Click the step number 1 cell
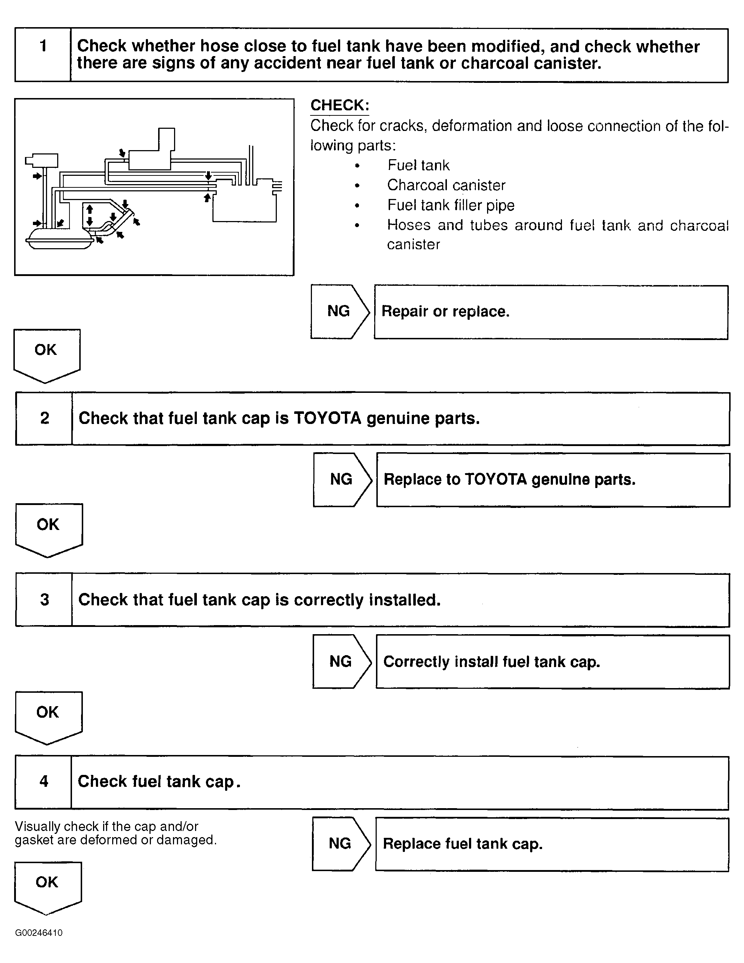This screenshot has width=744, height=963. (x=43, y=55)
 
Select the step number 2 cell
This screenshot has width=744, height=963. (x=44, y=419)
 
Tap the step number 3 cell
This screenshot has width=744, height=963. (x=44, y=600)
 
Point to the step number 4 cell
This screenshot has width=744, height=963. (x=43, y=782)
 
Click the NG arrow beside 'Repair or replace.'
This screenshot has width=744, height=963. (x=339, y=311)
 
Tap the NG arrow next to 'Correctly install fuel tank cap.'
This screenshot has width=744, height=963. (x=341, y=661)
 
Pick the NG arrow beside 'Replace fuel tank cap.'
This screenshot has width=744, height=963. (x=341, y=844)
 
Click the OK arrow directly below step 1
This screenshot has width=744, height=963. (x=46, y=353)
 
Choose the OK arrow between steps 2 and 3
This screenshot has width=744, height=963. (x=48, y=527)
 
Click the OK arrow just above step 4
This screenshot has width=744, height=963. (x=48, y=715)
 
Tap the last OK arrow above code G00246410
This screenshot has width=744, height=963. (x=48, y=885)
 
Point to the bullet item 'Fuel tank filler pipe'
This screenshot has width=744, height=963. (x=451, y=205)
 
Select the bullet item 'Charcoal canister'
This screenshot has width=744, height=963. (x=446, y=185)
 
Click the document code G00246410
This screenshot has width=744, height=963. (x=39, y=933)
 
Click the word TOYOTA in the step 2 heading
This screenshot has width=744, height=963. (x=327, y=418)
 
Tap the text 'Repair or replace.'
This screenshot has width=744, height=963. (x=445, y=311)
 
